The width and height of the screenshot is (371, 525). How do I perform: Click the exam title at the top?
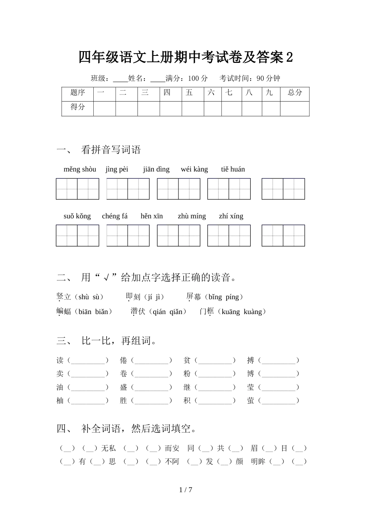click(185, 57)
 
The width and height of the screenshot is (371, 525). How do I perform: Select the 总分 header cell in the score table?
click(295, 93)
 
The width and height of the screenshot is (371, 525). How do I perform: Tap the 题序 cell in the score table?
click(77, 93)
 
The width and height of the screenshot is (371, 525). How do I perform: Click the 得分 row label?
click(77, 107)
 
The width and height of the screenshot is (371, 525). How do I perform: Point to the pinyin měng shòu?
click(80, 169)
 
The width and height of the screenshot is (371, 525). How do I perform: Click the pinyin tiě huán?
click(233, 169)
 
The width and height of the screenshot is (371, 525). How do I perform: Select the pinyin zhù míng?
click(191, 216)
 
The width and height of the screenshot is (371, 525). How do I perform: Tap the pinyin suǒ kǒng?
click(77, 216)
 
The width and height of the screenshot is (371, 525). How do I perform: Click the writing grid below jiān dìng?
click(178, 189)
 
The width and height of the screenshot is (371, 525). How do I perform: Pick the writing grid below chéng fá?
click(128, 236)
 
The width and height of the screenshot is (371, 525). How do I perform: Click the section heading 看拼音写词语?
click(111, 150)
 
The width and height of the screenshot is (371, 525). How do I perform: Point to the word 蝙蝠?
click(64, 312)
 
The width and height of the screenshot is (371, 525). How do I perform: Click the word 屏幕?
click(194, 297)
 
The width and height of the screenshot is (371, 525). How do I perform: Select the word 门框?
click(207, 312)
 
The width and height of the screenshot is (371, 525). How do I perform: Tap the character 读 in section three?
click(60, 361)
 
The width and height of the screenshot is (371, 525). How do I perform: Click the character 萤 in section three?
click(250, 400)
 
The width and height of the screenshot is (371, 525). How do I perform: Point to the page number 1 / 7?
click(185, 490)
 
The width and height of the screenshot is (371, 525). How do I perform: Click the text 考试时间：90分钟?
click(250, 79)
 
